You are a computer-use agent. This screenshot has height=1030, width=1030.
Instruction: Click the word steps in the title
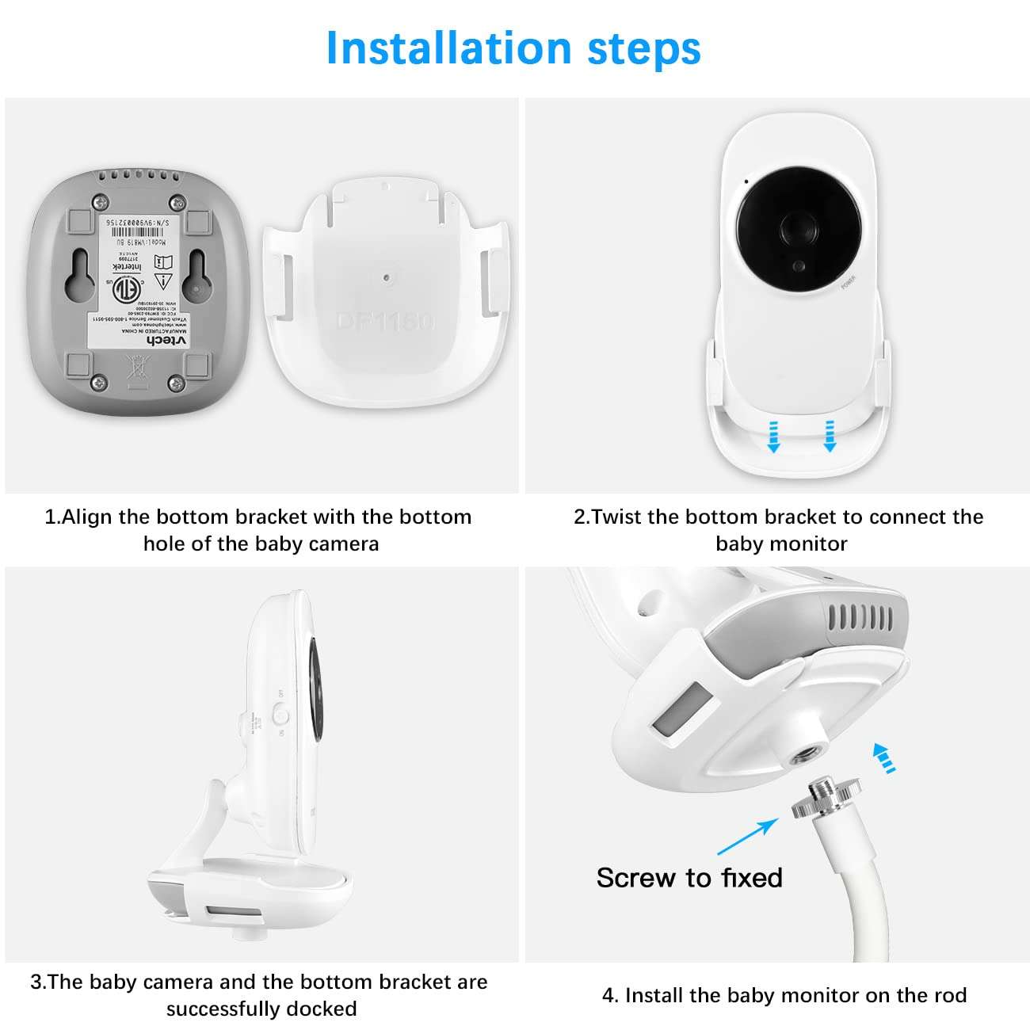(643, 49)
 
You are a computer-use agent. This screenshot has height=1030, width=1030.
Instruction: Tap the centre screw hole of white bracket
(385, 278)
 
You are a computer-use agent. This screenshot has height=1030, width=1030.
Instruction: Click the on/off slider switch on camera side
(280, 715)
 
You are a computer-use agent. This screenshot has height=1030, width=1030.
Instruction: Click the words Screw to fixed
(689, 878)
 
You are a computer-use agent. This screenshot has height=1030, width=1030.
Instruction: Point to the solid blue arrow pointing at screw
(747, 837)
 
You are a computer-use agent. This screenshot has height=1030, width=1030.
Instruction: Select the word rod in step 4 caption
(950, 995)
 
